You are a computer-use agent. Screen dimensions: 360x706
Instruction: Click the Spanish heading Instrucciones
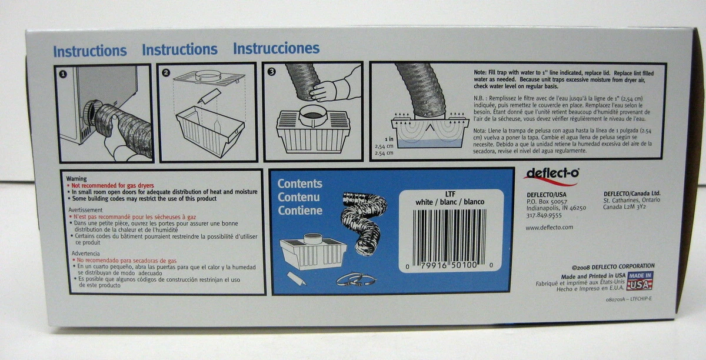tap(276, 48)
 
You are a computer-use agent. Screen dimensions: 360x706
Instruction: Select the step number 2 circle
tap(166, 73)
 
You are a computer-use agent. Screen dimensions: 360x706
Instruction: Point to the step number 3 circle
tap(271, 72)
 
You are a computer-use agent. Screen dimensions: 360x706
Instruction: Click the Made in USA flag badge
tap(640, 281)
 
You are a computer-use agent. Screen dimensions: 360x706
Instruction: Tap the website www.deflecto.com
tap(549, 227)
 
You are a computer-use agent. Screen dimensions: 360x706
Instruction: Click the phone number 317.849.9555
tap(544, 215)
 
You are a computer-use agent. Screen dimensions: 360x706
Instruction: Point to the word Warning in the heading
tap(76, 178)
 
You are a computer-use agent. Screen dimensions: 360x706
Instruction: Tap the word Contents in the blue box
tap(300, 184)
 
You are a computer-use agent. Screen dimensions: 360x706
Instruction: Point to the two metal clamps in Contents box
tap(356, 280)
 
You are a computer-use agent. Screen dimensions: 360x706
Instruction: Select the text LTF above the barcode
tap(451, 194)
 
